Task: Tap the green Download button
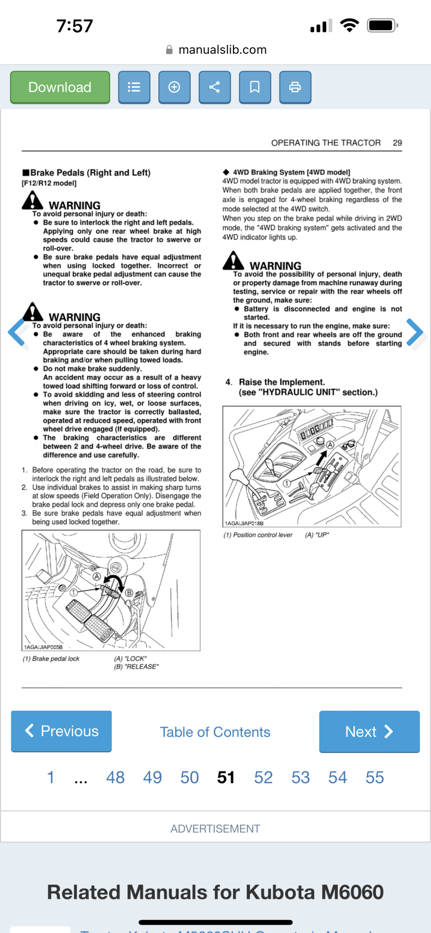click(60, 87)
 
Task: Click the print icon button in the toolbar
click(295, 87)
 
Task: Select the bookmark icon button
click(255, 87)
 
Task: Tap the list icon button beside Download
click(134, 87)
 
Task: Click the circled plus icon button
click(174, 87)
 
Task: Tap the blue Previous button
click(61, 731)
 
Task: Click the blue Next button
click(369, 731)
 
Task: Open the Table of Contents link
click(215, 732)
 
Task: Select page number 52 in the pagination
click(264, 777)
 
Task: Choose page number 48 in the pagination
click(115, 777)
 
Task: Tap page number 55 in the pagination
click(375, 777)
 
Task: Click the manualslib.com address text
click(222, 50)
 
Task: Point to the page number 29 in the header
click(397, 143)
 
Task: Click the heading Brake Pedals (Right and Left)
click(90, 173)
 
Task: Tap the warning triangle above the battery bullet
click(233, 261)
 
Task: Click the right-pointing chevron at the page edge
click(415, 332)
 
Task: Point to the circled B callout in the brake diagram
click(129, 593)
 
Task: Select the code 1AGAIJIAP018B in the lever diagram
click(244, 523)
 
